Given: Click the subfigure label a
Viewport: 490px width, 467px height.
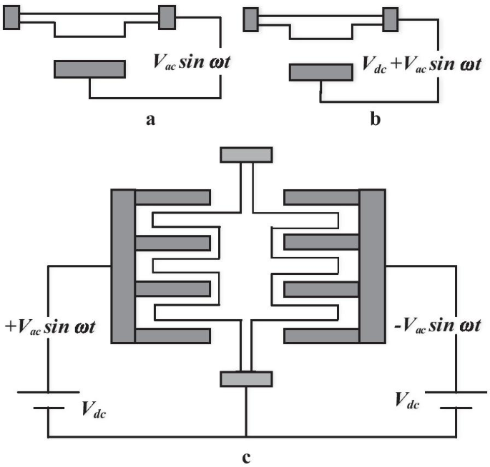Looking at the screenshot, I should click(x=150, y=120).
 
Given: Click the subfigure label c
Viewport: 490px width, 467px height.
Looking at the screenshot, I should click(x=247, y=458).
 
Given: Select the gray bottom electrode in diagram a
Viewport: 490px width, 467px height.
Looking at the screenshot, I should click(x=89, y=69).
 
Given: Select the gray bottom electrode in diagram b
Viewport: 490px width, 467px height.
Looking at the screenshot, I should click(x=320, y=72).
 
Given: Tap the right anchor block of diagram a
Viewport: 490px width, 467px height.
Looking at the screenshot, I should click(x=166, y=17).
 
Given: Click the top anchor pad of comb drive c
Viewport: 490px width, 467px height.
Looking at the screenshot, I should click(x=246, y=154).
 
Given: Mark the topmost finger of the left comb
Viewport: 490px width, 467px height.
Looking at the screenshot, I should click(x=172, y=197).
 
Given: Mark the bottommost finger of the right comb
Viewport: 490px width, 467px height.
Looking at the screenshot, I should click(x=321, y=336).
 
